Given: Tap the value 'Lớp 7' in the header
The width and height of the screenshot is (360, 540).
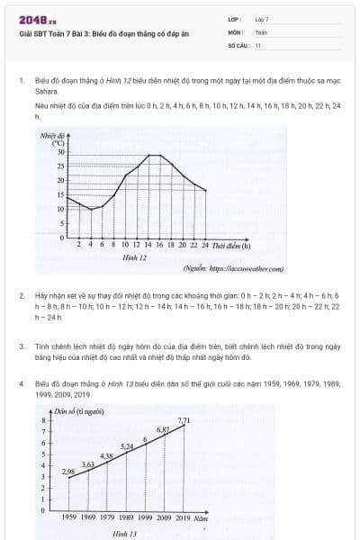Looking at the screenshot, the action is tap(262, 19).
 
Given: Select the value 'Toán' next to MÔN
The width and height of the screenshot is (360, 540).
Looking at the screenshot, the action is tap(261, 31).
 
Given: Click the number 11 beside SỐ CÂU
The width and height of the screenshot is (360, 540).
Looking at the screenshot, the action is tap(257, 44).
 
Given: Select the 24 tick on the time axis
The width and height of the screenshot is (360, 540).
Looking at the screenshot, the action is tap(205, 245).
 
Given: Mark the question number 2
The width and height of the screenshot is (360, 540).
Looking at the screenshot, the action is tap(21, 295).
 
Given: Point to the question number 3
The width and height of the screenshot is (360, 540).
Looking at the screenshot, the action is tap(21, 346).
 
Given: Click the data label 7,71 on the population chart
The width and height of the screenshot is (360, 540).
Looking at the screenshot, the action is tap(184, 421).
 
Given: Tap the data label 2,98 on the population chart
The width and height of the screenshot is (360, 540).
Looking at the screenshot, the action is tap(68, 471).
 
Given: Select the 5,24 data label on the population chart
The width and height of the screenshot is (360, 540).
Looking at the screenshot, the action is tap(127, 446).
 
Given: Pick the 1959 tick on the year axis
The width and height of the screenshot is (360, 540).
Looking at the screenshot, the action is tap(69, 518).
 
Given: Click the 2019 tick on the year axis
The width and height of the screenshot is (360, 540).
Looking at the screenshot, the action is tap(184, 518).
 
